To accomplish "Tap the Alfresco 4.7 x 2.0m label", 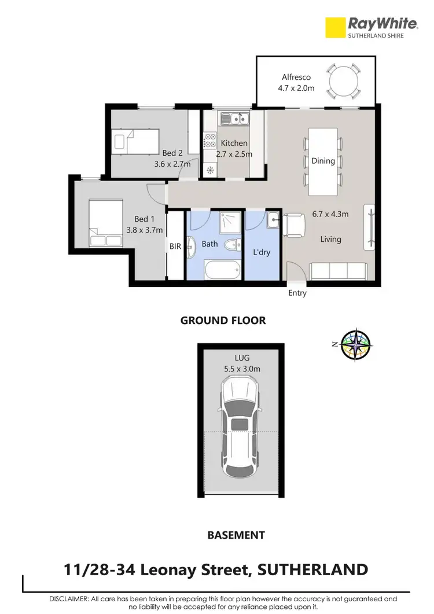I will coord(297,83).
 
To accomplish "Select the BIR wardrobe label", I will coord(175,246).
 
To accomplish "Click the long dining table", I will coord(323,161).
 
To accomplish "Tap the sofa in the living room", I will coord(339,271).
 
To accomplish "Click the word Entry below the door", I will coord(297,293).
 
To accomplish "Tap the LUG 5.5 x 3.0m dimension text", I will coord(241,363).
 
